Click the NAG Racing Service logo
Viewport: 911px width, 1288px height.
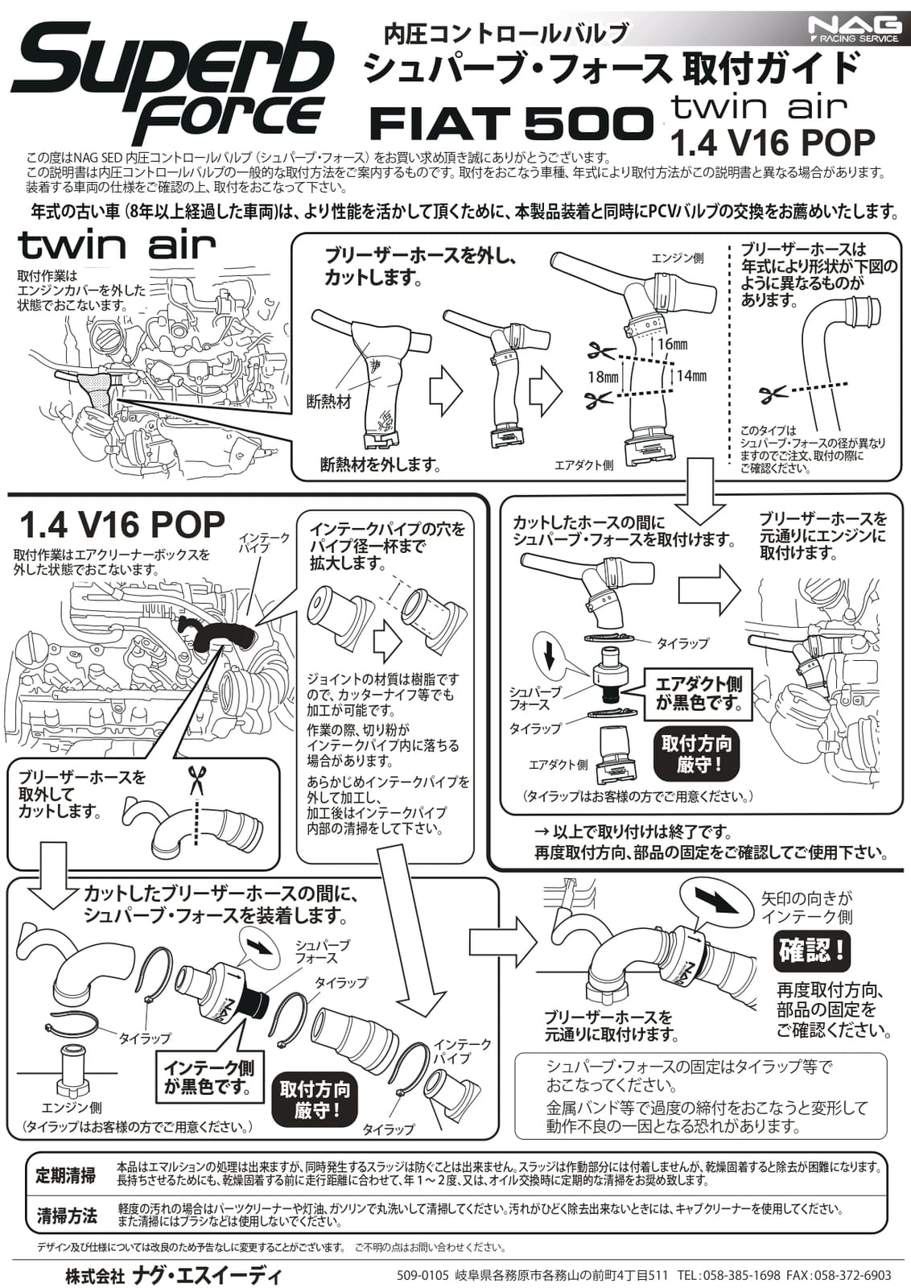pos(855,30)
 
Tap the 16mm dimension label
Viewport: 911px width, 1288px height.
pos(672,345)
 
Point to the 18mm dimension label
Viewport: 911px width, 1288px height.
pos(603,376)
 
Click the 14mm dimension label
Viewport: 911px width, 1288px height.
pos(690,375)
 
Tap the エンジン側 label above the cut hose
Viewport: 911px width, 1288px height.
pos(677,258)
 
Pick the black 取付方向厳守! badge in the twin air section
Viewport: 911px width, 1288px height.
pos(696,753)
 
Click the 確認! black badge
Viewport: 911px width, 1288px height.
pos(811,951)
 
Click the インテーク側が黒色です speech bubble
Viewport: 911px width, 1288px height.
pos(208,1077)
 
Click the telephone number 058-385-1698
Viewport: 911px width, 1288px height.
pos(740,1275)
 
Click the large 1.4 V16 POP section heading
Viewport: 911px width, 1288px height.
pos(121,526)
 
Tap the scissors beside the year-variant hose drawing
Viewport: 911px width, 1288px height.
pos(773,394)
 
